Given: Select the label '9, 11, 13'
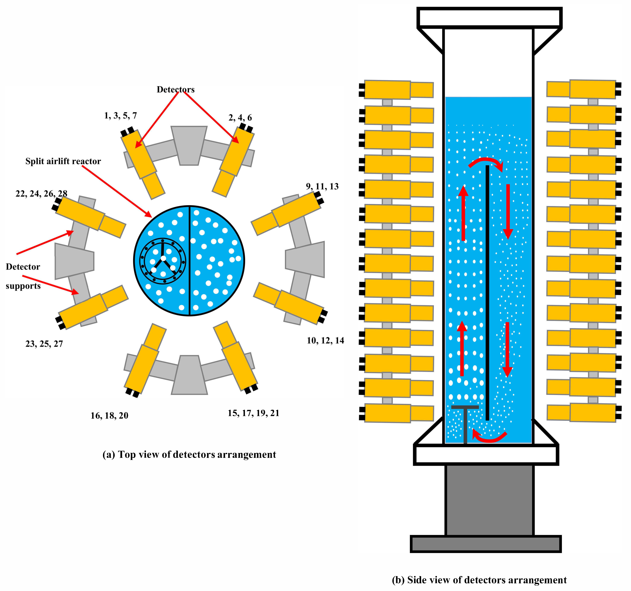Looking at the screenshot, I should click(x=322, y=186).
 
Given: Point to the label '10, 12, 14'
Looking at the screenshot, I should click(x=325, y=341).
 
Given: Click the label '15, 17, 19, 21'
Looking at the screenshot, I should click(x=253, y=413).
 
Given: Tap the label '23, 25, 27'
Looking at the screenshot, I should click(x=44, y=344).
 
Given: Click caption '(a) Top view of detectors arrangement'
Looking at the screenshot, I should click(x=189, y=454).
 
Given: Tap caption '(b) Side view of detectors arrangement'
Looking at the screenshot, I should click(x=479, y=580).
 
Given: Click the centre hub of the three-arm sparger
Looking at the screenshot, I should click(x=163, y=258).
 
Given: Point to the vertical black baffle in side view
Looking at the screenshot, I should click(x=487, y=292).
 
